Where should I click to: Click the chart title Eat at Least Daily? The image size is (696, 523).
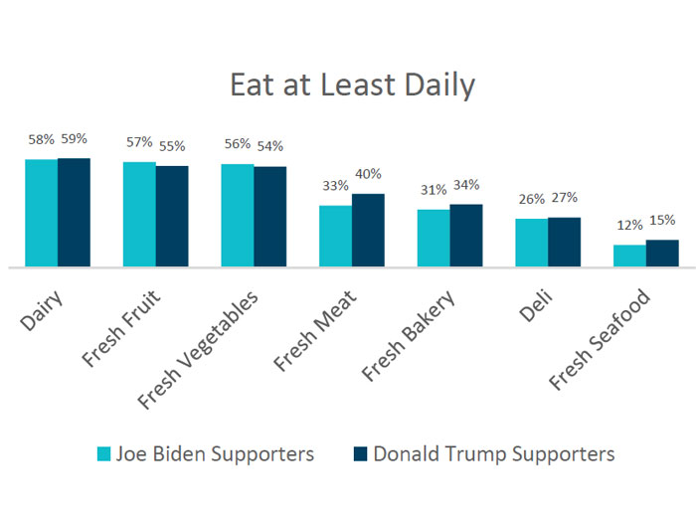click(x=352, y=86)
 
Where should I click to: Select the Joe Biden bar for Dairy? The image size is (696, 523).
click(x=41, y=213)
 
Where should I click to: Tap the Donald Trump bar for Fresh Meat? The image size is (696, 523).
click(x=368, y=231)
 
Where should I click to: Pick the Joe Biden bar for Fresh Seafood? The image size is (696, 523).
click(x=629, y=256)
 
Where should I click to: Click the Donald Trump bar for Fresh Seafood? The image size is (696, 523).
click(x=662, y=254)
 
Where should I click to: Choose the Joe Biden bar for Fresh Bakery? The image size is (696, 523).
click(x=434, y=239)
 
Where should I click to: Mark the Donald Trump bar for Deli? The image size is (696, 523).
click(x=564, y=243)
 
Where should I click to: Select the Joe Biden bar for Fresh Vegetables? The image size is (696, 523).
click(x=238, y=216)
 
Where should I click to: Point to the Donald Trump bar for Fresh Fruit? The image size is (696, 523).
click(x=172, y=217)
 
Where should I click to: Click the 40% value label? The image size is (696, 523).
click(x=368, y=175)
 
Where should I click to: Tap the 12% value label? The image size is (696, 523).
click(x=629, y=226)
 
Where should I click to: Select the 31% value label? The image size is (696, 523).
click(x=433, y=190)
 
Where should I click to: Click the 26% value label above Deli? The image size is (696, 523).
click(x=531, y=199)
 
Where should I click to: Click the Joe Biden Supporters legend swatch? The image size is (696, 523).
click(x=103, y=454)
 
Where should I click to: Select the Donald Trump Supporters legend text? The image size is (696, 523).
click(x=493, y=454)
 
